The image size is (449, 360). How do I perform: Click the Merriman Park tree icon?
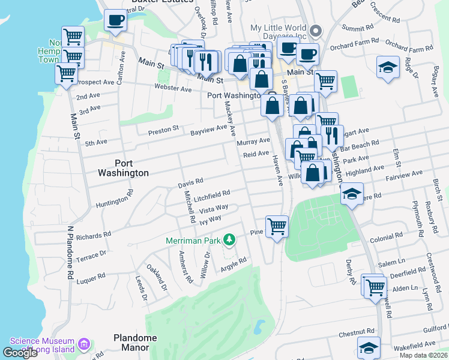[x=228, y=241]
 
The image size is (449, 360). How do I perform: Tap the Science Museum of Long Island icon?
[x=83, y=344]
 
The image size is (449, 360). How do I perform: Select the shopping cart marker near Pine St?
[x=277, y=226]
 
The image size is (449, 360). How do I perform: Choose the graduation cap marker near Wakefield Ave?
[x=369, y=347]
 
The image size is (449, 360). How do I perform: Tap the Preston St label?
[x=164, y=129]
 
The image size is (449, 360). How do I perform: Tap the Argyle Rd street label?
[x=234, y=263]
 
